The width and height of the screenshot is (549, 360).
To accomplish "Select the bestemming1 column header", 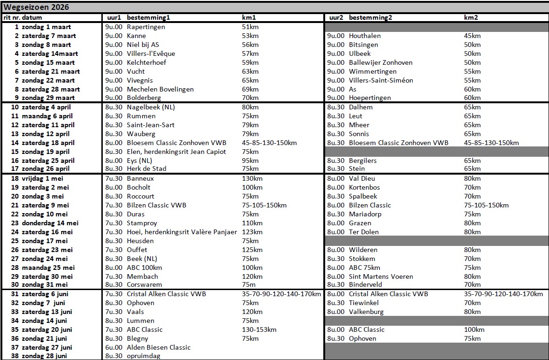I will pos(148,17).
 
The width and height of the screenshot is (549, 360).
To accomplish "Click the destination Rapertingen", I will pos(146,27).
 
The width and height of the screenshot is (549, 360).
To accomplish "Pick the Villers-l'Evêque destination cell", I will pos(151,54).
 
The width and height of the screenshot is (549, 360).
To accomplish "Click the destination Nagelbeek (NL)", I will pos(151,107).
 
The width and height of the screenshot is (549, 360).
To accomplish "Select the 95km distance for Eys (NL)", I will pos(250,161).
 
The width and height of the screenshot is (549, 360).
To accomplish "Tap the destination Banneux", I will pos(140,178).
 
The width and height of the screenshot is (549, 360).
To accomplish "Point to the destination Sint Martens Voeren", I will pos(381,276).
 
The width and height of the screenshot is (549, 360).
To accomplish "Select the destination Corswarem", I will pos(145,284).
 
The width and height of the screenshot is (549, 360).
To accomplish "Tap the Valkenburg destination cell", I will pos(366,312).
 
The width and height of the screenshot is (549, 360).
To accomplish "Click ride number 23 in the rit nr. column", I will pos(15,223).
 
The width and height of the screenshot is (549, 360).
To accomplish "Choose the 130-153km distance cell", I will pos(259,329).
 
